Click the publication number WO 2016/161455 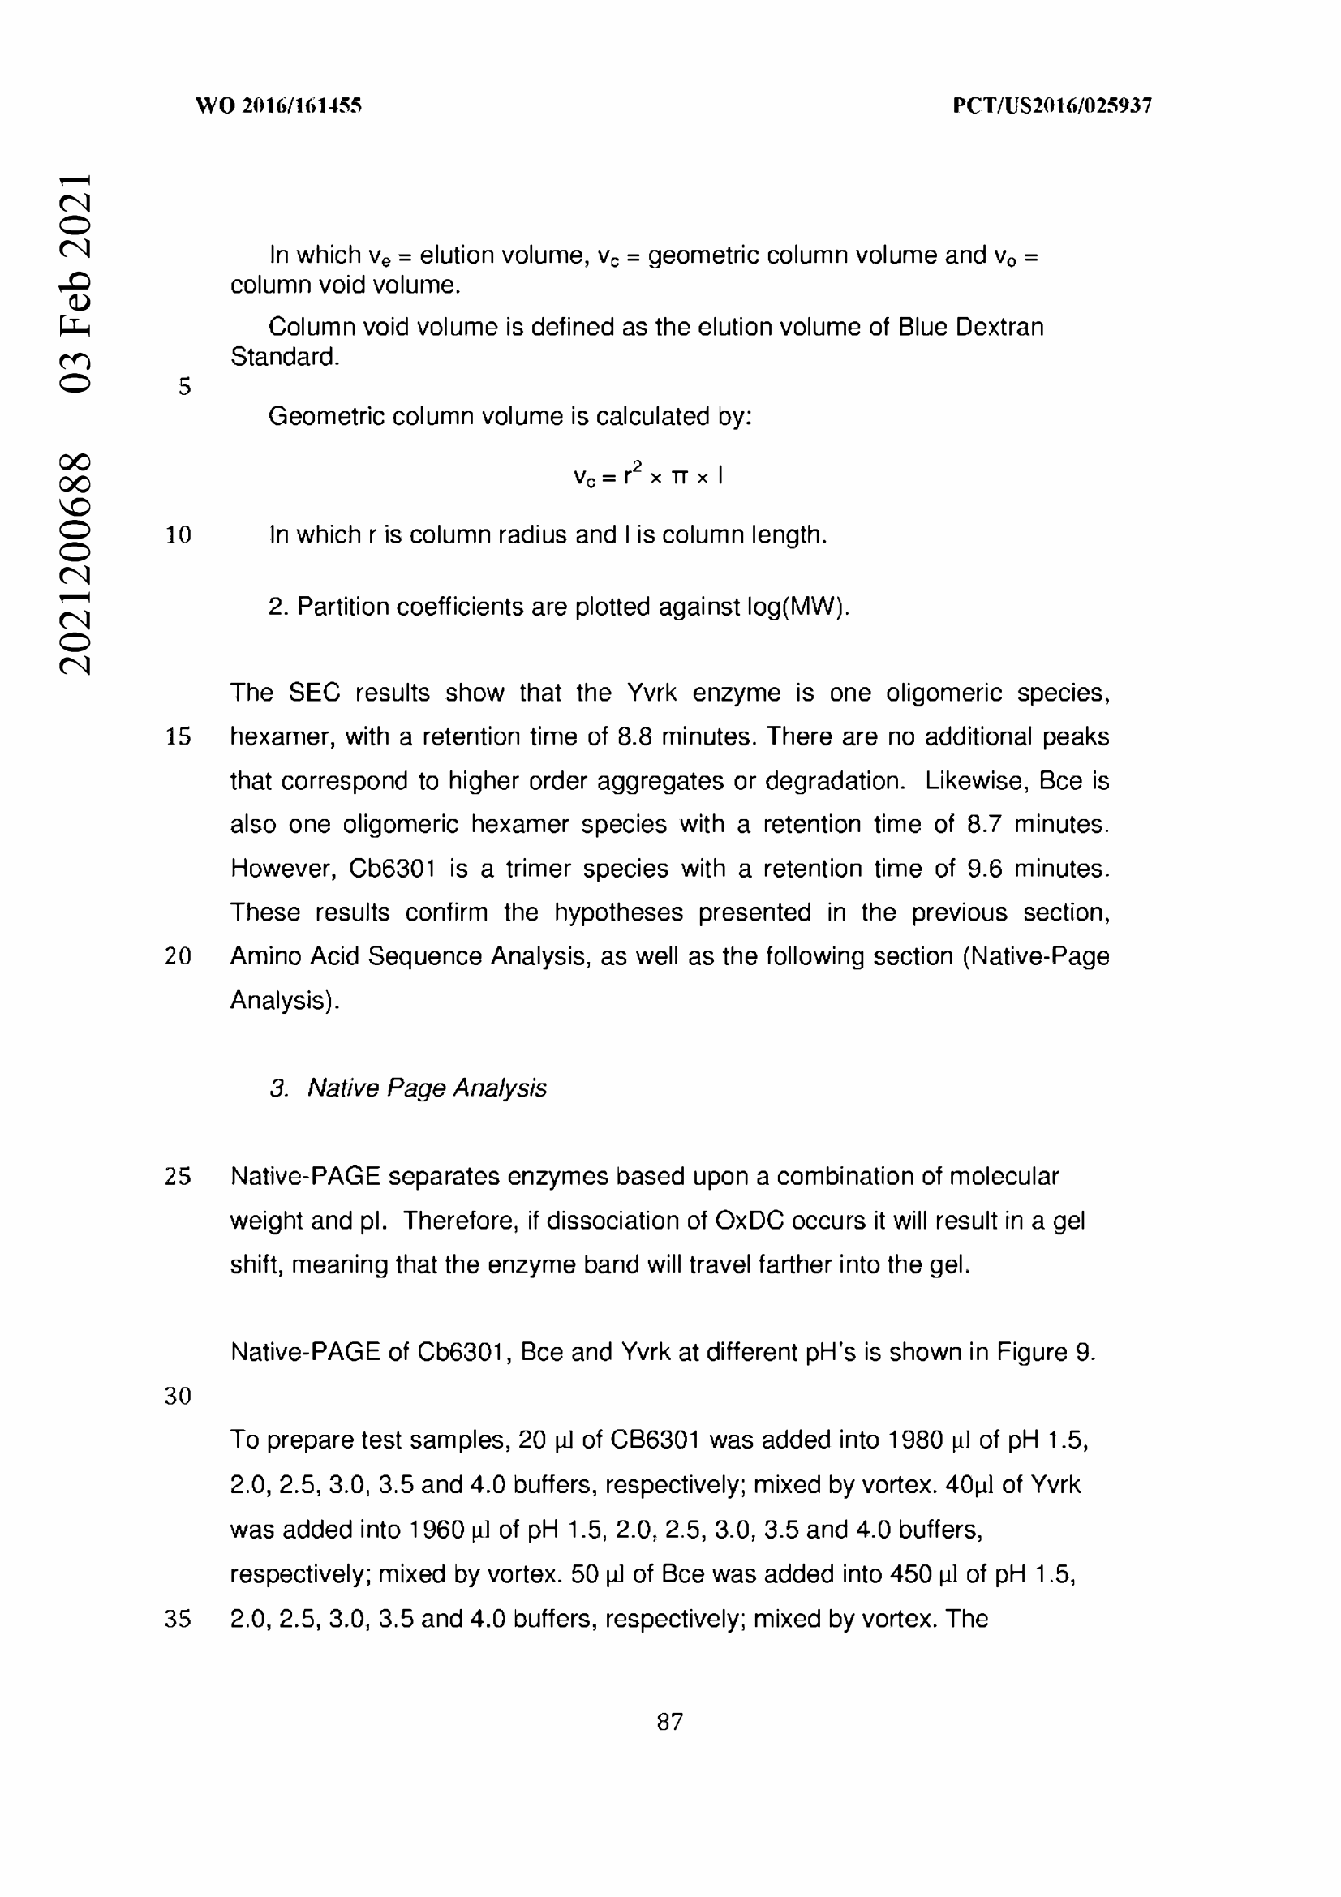pos(278,105)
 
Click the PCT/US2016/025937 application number pos(1052,105)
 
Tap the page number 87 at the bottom pos(670,1722)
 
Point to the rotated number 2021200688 pos(75,564)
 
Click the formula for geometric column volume pos(649,475)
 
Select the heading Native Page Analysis pos(427,1088)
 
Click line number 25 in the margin pos(178,1177)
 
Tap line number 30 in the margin pos(178,1397)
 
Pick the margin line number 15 pos(178,737)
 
